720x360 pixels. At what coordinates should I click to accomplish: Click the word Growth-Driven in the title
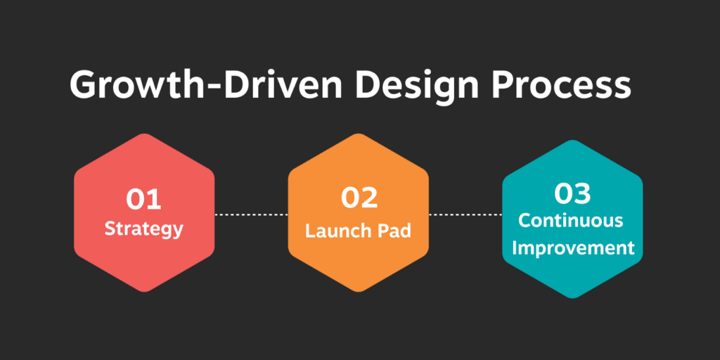pos(206,85)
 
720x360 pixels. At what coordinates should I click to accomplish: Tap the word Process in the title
pos(562,86)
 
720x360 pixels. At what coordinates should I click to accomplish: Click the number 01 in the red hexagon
pos(143,200)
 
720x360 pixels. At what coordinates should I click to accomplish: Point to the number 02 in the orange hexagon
pos(359,197)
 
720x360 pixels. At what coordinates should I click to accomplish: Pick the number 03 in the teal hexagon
pos(572,194)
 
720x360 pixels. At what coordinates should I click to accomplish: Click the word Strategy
pos(143,229)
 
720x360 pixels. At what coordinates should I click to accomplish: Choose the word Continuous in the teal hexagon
pos(571,220)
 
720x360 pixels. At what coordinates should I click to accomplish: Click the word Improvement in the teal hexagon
pos(573,249)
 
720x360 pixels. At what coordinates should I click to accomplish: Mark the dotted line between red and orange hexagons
pos(251,214)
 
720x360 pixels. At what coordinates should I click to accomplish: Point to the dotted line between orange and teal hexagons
pos(465,214)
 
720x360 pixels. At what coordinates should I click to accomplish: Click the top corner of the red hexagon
pos(144,134)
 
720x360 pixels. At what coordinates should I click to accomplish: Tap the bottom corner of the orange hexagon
pos(358,292)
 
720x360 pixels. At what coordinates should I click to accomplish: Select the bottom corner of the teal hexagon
pos(572,298)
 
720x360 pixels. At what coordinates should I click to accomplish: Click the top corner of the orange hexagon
pos(358,134)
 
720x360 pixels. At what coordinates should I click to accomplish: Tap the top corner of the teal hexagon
pos(572,140)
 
